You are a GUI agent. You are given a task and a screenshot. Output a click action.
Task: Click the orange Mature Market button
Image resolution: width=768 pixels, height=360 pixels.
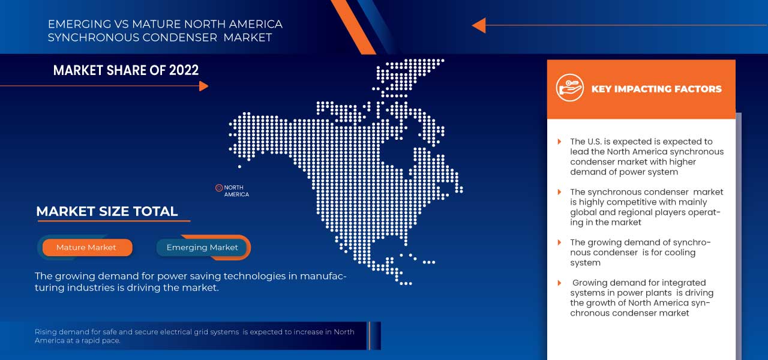(x=86, y=247)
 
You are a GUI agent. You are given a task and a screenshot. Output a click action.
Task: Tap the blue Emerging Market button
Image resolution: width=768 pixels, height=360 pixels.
(x=202, y=247)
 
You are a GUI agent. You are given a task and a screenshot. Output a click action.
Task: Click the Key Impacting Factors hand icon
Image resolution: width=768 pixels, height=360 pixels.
(x=569, y=88)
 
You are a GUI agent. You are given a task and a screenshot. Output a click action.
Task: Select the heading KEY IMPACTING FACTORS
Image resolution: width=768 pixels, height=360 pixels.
(x=656, y=89)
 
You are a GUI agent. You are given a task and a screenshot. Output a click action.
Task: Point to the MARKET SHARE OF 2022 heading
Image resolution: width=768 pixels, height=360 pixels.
(x=126, y=70)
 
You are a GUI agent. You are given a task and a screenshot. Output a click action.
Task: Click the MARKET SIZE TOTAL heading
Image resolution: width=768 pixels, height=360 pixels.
(x=107, y=211)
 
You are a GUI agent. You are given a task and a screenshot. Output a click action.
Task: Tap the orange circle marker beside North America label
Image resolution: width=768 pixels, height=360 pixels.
(x=219, y=188)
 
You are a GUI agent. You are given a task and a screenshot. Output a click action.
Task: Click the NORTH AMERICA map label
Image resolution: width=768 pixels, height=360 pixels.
(x=236, y=191)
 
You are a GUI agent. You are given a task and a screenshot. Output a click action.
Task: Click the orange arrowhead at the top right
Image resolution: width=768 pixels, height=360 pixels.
(x=478, y=25)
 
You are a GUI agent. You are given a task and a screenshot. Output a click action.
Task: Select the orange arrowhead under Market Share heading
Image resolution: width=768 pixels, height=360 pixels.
(x=203, y=86)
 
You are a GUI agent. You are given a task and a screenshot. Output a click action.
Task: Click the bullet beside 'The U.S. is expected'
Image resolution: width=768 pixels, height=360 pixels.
(x=560, y=142)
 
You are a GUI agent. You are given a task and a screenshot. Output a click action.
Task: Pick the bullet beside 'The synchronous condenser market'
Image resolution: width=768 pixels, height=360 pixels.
(x=560, y=192)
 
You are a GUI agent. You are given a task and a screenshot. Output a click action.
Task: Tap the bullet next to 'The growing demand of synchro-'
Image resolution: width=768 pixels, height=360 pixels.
(x=560, y=242)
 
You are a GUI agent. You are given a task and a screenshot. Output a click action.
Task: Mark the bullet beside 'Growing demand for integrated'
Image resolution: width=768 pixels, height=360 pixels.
(x=560, y=283)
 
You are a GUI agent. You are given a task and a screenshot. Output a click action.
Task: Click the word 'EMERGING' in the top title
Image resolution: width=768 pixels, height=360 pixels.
(x=80, y=25)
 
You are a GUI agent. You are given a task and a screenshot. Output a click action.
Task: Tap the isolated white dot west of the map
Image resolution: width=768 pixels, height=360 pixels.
(x=239, y=166)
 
